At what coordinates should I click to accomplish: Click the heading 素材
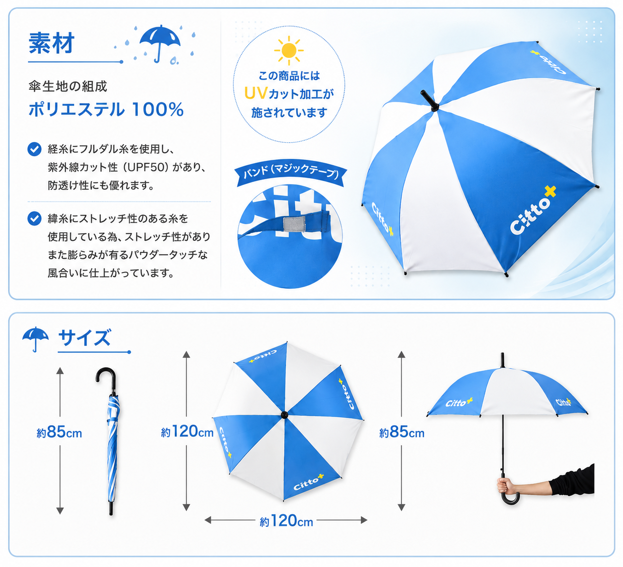[52, 43]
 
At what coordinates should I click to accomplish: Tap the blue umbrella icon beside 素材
[160, 43]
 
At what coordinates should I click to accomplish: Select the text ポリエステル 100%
[106, 110]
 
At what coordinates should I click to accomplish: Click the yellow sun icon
[289, 50]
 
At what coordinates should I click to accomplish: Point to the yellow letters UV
[256, 93]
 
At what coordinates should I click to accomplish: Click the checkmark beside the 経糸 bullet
[35, 149]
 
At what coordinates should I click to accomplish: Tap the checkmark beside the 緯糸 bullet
[35, 219]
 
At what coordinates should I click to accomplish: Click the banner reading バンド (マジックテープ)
[290, 175]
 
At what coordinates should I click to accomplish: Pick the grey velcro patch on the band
[294, 223]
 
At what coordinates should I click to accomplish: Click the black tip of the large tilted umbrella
[429, 101]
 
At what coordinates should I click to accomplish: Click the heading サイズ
[84, 338]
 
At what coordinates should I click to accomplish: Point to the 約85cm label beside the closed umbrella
[59, 432]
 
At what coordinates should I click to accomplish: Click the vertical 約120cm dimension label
[187, 431]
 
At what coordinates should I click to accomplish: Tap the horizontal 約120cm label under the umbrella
[286, 521]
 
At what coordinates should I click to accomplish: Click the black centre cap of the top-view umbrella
[284, 415]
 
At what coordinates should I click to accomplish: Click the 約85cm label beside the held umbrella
[402, 432]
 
